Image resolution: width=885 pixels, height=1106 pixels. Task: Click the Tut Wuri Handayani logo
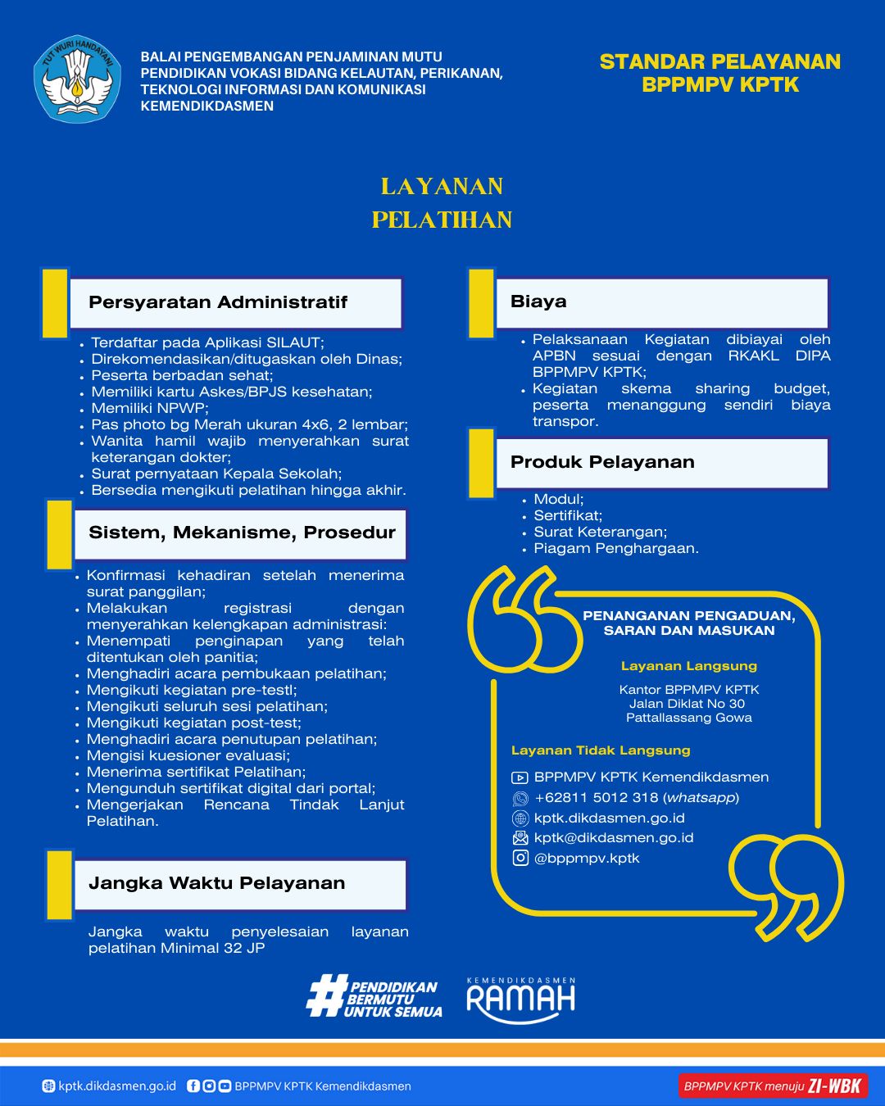(x=77, y=79)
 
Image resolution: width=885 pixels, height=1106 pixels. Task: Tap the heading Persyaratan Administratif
(x=218, y=302)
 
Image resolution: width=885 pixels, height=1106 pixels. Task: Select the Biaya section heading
(x=538, y=301)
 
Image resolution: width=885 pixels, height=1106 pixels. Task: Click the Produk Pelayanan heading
(x=602, y=462)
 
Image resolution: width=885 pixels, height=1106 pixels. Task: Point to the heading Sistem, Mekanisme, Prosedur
(x=242, y=533)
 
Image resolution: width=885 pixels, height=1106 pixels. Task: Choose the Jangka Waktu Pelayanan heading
(x=216, y=883)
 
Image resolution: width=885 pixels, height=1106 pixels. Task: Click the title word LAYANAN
(x=442, y=187)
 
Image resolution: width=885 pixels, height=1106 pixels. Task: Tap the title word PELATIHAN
(x=442, y=220)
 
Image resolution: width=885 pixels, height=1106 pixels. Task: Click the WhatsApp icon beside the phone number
(x=520, y=798)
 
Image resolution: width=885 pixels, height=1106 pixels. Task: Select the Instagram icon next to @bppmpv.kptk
(x=520, y=858)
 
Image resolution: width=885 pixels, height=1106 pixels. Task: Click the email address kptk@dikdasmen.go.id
(x=614, y=838)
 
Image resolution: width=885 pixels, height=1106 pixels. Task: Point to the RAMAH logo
(x=521, y=999)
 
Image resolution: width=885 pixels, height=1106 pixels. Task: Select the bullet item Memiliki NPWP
(x=150, y=408)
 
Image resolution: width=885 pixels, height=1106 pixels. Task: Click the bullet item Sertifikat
(x=568, y=516)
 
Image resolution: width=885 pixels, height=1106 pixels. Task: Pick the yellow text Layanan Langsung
(x=688, y=666)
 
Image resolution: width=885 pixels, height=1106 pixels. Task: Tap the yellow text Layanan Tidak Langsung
(x=601, y=750)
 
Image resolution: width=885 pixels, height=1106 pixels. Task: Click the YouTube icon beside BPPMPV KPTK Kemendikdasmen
(x=520, y=777)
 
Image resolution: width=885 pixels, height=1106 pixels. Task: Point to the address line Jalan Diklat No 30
(x=688, y=704)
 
